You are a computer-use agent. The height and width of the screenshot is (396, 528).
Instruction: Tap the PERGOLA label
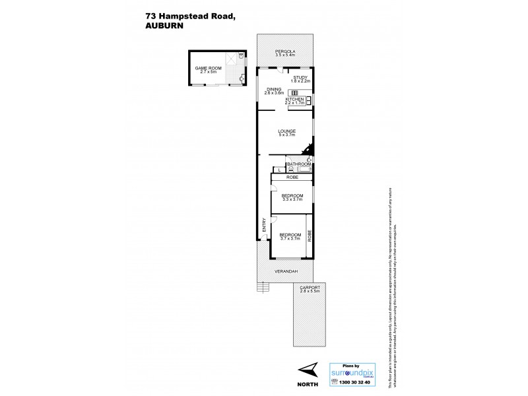pyautogui.click(x=285, y=51)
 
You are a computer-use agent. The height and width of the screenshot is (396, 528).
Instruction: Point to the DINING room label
pyautogui.click(x=274, y=89)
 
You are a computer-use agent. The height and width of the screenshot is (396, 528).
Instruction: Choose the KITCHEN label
pyautogui.click(x=294, y=99)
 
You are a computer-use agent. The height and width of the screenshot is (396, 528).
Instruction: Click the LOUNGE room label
pyautogui.click(x=286, y=131)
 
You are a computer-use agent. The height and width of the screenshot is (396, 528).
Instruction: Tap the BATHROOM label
pyautogui.click(x=298, y=163)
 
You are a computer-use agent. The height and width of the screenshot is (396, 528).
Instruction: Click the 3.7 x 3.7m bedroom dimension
pyautogui.click(x=289, y=238)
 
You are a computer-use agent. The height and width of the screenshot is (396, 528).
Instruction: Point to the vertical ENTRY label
pyautogui.click(x=265, y=224)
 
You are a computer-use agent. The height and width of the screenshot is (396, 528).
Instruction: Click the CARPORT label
pyautogui.click(x=309, y=288)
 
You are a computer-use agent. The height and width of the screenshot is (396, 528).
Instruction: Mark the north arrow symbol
pyautogui.click(x=307, y=369)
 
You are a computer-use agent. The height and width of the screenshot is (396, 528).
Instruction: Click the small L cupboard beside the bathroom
pyautogui.click(x=280, y=170)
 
